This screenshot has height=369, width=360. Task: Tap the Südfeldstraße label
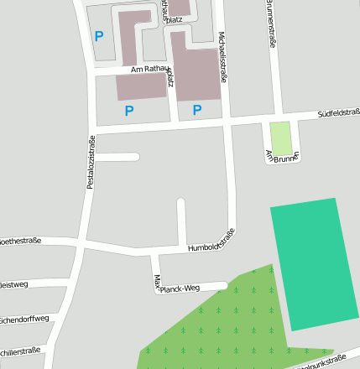(x=337, y=112)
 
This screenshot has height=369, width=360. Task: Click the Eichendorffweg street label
(x=23, y=320)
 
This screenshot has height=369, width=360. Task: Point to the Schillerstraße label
(x=18, y=351)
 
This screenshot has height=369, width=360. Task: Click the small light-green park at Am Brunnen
(x=280, y=138)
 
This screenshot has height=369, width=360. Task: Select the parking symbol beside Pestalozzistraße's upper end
(x=99, y=36)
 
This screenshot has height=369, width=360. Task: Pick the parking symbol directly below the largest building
(x=197, y=110)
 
